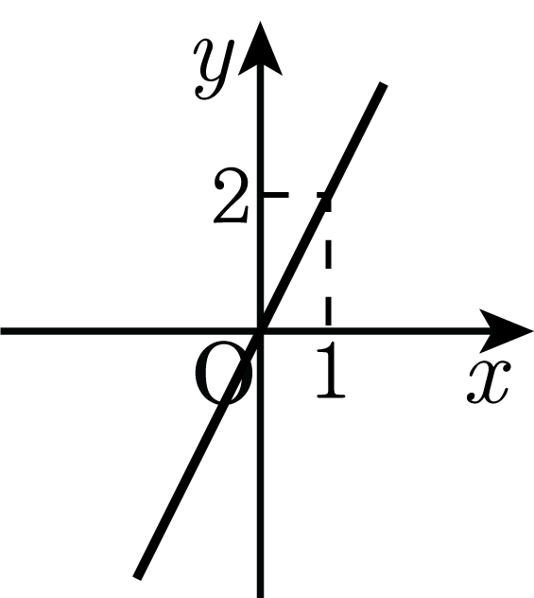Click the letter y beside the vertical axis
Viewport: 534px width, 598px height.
[214, 68]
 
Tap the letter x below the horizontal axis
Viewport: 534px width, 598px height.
[489, 381]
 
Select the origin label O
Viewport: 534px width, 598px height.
[223, 373]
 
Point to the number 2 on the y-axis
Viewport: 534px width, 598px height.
[232, 196]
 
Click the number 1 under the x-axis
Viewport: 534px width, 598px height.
[331, 370]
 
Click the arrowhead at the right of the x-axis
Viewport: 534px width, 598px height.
[506, 330]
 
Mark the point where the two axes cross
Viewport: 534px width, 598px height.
[261, 330]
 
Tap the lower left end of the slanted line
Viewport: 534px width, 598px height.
[137, 578]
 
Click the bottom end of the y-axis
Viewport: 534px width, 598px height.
[261, 597]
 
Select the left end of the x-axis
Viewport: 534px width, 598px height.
[1, 330]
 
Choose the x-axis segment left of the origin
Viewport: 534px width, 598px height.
[129, 330]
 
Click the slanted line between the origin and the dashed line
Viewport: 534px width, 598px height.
[294, 264]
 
